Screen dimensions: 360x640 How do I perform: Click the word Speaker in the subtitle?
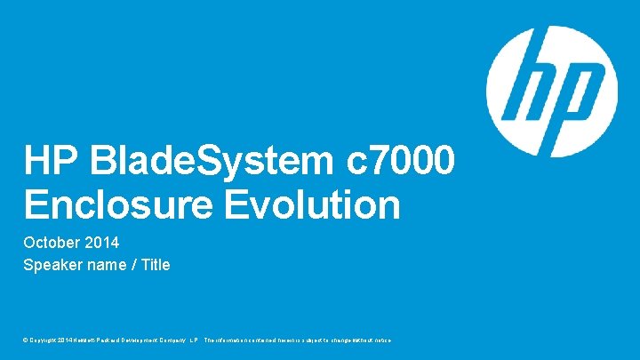click(52, 265)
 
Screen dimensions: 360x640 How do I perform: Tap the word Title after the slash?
click(153, 265)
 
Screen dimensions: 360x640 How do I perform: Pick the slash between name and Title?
click(130, 265)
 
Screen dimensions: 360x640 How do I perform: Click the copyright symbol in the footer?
click(27, 340)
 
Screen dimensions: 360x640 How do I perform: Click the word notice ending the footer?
click(380, 340)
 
